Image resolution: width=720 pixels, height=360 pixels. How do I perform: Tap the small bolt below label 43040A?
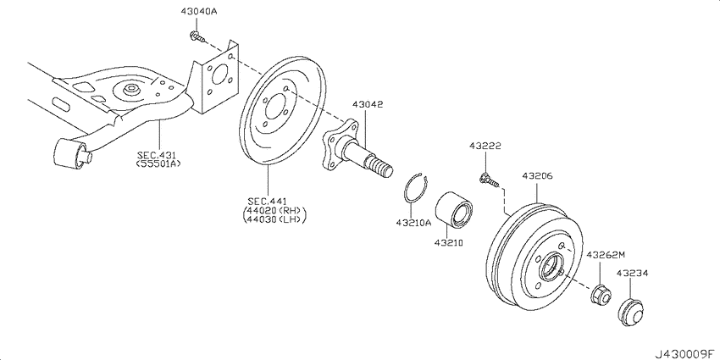coord(196,36)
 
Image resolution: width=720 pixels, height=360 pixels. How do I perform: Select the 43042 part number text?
coord(368,104)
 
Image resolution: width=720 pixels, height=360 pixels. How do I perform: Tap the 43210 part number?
coord(450,242)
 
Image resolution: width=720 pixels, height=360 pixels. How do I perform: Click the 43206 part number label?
coord(537,177)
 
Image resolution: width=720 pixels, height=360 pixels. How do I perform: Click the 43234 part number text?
coord(632,274)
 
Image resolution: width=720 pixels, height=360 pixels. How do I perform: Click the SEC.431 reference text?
coord(158,156)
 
